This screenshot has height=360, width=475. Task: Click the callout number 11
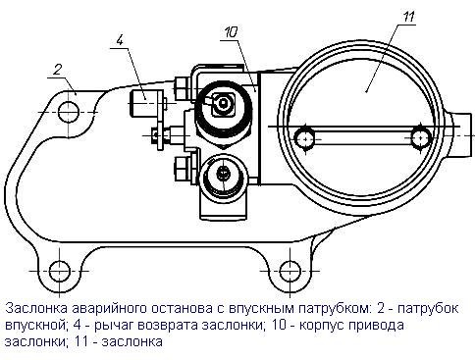[x=407, y=17]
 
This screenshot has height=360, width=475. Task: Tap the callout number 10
[x=231, y=33]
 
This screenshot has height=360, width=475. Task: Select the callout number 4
[x=120, y=40]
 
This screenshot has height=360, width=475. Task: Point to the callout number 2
[x=58, y=70]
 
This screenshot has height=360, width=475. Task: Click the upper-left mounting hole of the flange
[x=69, y=112]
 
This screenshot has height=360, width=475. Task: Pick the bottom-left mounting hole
[x=60, y=271]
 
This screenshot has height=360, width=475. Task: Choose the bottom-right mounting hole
[x=290, y=271]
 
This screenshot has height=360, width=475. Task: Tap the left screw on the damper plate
[x=305, y=138]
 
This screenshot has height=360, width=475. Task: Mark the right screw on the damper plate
[x=421, y=137]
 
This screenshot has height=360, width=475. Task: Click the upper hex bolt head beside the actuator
[x=182, y=87]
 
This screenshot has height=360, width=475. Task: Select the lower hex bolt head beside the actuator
[x=183, y=169]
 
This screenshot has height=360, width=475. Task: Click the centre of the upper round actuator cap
[x=223, y=104]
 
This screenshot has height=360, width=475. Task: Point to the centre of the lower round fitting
[x=223, y=172]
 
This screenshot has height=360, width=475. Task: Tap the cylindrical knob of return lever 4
[x=144, y=104]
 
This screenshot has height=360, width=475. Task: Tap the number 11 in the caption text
[x=81, y=341]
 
